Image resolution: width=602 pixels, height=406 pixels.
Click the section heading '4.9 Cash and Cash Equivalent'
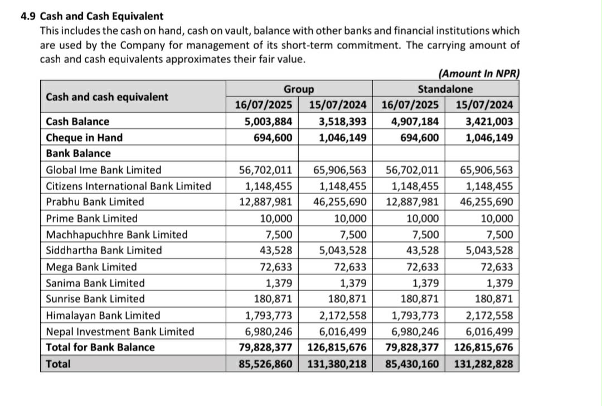click(x=92, y=17)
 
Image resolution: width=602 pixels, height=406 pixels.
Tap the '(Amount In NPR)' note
click(x=479, y=74)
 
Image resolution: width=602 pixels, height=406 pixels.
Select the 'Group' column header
click(x=299, y=89)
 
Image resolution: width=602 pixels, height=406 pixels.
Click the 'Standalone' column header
click(x=445, y=89)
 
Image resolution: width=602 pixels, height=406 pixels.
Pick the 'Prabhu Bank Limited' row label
click(x=95, y=202)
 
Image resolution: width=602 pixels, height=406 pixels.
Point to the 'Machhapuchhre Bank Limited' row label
click(x=116, y=234)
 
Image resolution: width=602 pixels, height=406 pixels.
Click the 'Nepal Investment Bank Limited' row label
click(x=120, y=331)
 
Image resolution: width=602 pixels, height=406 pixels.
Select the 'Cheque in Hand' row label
click(x=84, y=137)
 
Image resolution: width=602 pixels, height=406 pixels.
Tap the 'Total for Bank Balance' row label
click(x=100, y=347)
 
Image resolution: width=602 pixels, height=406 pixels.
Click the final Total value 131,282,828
click(x=483, y=365)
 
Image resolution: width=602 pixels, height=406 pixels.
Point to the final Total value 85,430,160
click(x=412, y=365)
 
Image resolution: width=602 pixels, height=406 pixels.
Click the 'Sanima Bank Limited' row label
click(x=95, y=283)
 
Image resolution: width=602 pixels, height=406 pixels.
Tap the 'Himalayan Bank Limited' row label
click(x=103, y=315)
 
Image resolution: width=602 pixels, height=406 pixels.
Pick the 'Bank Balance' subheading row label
click(x=78, y=153)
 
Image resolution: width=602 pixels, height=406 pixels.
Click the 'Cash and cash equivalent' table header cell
click(x=106, y=97)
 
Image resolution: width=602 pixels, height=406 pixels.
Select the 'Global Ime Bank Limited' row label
click(x=103, y=170)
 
